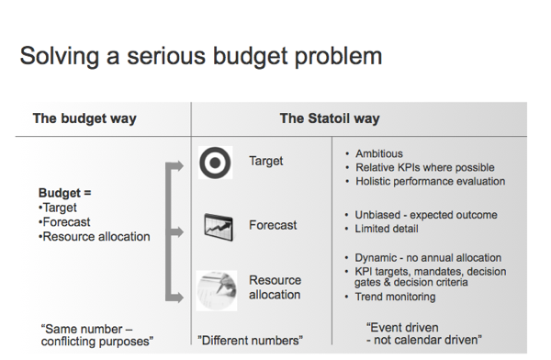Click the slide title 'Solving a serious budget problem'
[x=201, y=56]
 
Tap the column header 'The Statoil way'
[x=329, y=118]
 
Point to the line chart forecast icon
[x=217, y=225]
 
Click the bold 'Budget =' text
[x=65, y=194]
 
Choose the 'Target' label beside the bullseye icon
[x=266, y=162]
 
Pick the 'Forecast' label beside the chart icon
[x=273, y=225]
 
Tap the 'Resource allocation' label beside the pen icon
[x=275, y=287]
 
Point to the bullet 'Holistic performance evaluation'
[x=430, y=181]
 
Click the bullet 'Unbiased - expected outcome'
[x=426, y=215]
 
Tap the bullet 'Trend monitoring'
[x=396, y=297]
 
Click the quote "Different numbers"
[x=251, y=341]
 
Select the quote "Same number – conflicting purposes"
[x=96, y=334]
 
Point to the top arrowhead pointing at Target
[x=183, y=166]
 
